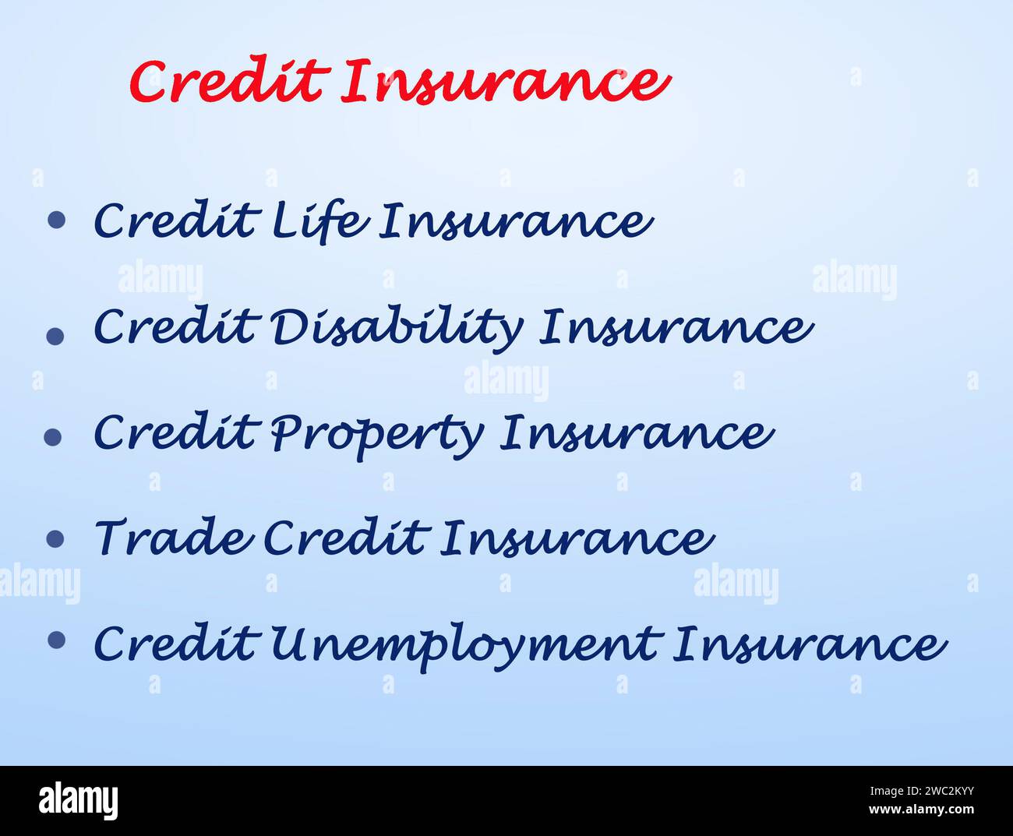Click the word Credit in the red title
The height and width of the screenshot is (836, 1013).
point(226,81)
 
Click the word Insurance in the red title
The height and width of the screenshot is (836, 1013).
point(505,81)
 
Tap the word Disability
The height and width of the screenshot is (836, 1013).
point(396,326)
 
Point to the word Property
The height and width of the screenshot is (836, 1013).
point(376,433)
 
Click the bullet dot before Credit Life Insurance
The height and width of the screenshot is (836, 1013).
point(56,220)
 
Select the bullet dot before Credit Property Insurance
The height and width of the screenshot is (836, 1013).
point(53,437)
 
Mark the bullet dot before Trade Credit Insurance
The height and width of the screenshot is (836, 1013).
point(55,538)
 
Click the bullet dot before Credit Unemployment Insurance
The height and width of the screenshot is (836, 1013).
point(56,640)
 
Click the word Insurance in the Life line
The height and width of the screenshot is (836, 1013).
point(515,220)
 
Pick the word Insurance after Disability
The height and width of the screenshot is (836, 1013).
point(676,326)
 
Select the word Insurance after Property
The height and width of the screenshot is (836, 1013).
point(636,433)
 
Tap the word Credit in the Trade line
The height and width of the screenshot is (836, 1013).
point(345,538)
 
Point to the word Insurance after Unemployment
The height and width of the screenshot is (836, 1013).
point(810,645)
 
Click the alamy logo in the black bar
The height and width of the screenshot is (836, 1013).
point(78,801)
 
